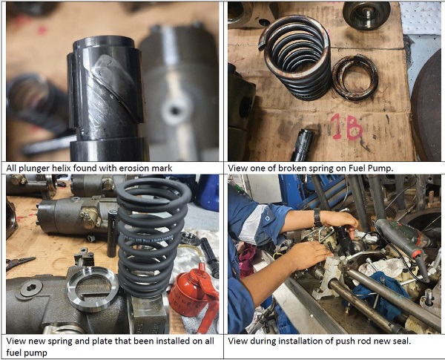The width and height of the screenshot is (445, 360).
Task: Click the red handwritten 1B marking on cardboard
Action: click(x=347, y=127)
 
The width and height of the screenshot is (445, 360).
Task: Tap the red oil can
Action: click(x=194, y=295)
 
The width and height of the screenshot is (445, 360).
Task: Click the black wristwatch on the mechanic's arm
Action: click(x=317, y=217)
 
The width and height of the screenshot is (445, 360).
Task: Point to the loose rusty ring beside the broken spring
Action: click(x=355, y=78)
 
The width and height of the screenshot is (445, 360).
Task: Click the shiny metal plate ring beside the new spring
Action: click(x=93, y=289)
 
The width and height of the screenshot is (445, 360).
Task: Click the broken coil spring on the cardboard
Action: click(x=295, y=57)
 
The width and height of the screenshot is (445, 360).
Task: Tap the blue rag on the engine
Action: click(x=378, y=292)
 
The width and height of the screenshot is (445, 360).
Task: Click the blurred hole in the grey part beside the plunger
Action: click(x=173, y=111)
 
